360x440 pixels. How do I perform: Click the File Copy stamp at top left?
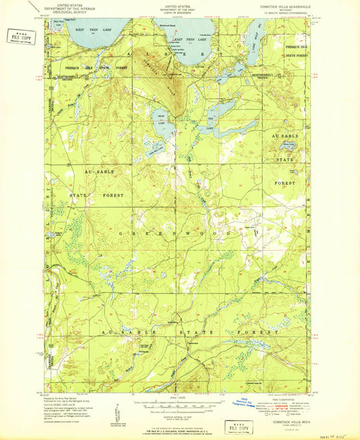pos(21,36)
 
